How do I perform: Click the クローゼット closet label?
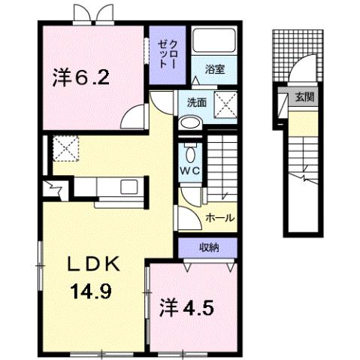(165, 51)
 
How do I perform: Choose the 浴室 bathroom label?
(215, 70)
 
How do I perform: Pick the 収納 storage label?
(208, 247)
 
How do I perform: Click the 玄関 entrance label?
(304, 96)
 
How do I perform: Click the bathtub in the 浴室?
(215, 44)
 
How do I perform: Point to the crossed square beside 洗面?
(224, 102)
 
